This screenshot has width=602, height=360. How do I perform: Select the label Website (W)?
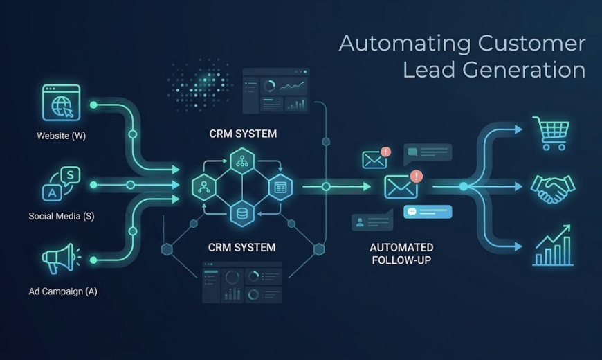tap(61, 136)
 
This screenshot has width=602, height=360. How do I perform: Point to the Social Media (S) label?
tap(61, 216)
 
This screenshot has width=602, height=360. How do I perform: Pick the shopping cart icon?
tap(551, 133)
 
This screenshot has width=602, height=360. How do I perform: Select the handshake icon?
tap(552, 188)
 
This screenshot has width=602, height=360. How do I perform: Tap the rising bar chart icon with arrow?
tap(552, 246)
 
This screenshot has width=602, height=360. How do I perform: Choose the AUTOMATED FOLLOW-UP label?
tap(401, 253)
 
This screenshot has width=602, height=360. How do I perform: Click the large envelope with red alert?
tap(401, 186)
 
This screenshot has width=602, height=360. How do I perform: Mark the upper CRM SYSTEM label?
tap(242, 134)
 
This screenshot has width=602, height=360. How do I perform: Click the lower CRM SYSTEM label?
tap(242, 247)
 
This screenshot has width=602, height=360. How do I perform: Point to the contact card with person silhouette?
tap(372, 222)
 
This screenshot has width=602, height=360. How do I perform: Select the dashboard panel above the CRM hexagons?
tap(276, 91)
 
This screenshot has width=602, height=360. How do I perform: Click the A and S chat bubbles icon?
tap(61, 183)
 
